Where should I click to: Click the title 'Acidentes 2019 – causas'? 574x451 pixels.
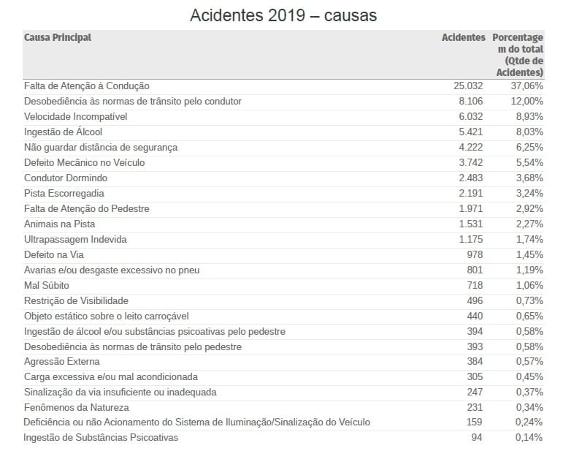pos(283,15)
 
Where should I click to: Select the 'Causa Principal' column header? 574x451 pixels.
pos(58,37)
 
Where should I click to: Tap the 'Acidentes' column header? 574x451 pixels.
pos(463,37)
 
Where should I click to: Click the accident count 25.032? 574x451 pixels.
pos(468,86)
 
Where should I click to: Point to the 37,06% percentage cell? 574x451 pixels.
pos(526,86)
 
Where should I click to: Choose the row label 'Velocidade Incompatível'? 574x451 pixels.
pos(76,116)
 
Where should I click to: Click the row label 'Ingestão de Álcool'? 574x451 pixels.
pos(63,132)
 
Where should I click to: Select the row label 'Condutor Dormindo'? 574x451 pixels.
pos(66,178)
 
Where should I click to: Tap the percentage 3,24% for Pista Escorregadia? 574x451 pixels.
pos(528,193)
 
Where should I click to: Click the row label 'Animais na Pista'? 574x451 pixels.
pos(60,224)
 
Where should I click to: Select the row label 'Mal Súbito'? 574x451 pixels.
pos(47,285)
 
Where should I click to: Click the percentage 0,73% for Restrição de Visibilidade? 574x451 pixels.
pos(528,300)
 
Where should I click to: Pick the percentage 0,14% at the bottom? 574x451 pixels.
pos(528,438)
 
